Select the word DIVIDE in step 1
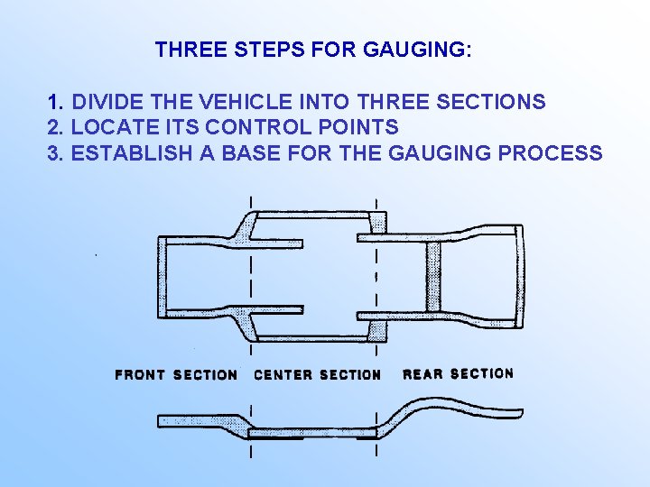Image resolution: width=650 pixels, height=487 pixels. (x=106, y=102)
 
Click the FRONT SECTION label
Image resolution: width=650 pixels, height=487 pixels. (x=176, y=374)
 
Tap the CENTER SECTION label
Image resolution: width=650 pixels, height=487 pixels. (x=318, y=374)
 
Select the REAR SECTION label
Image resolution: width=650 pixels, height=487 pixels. (x=458, y=373)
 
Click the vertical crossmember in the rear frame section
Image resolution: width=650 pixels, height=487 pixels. (x=432, y=276)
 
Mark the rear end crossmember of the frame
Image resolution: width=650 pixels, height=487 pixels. (x=517, y=275)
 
